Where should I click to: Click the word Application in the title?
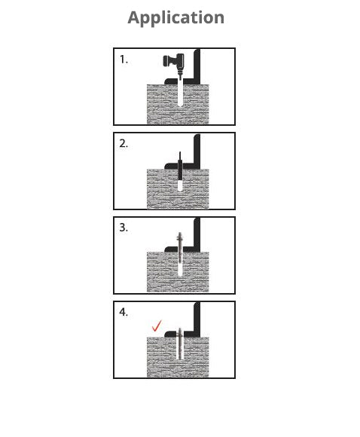[x=175, y=17]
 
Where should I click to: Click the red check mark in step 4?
[x=157, y=326]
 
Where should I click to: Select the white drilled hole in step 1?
[x=181, y=94]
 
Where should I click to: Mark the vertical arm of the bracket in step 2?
[x=198, y=151]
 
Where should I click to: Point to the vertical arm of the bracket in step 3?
[x=198, y=235]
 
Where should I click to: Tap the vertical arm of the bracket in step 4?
[x=198, y=319]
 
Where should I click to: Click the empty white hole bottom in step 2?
[x=180, y=185]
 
